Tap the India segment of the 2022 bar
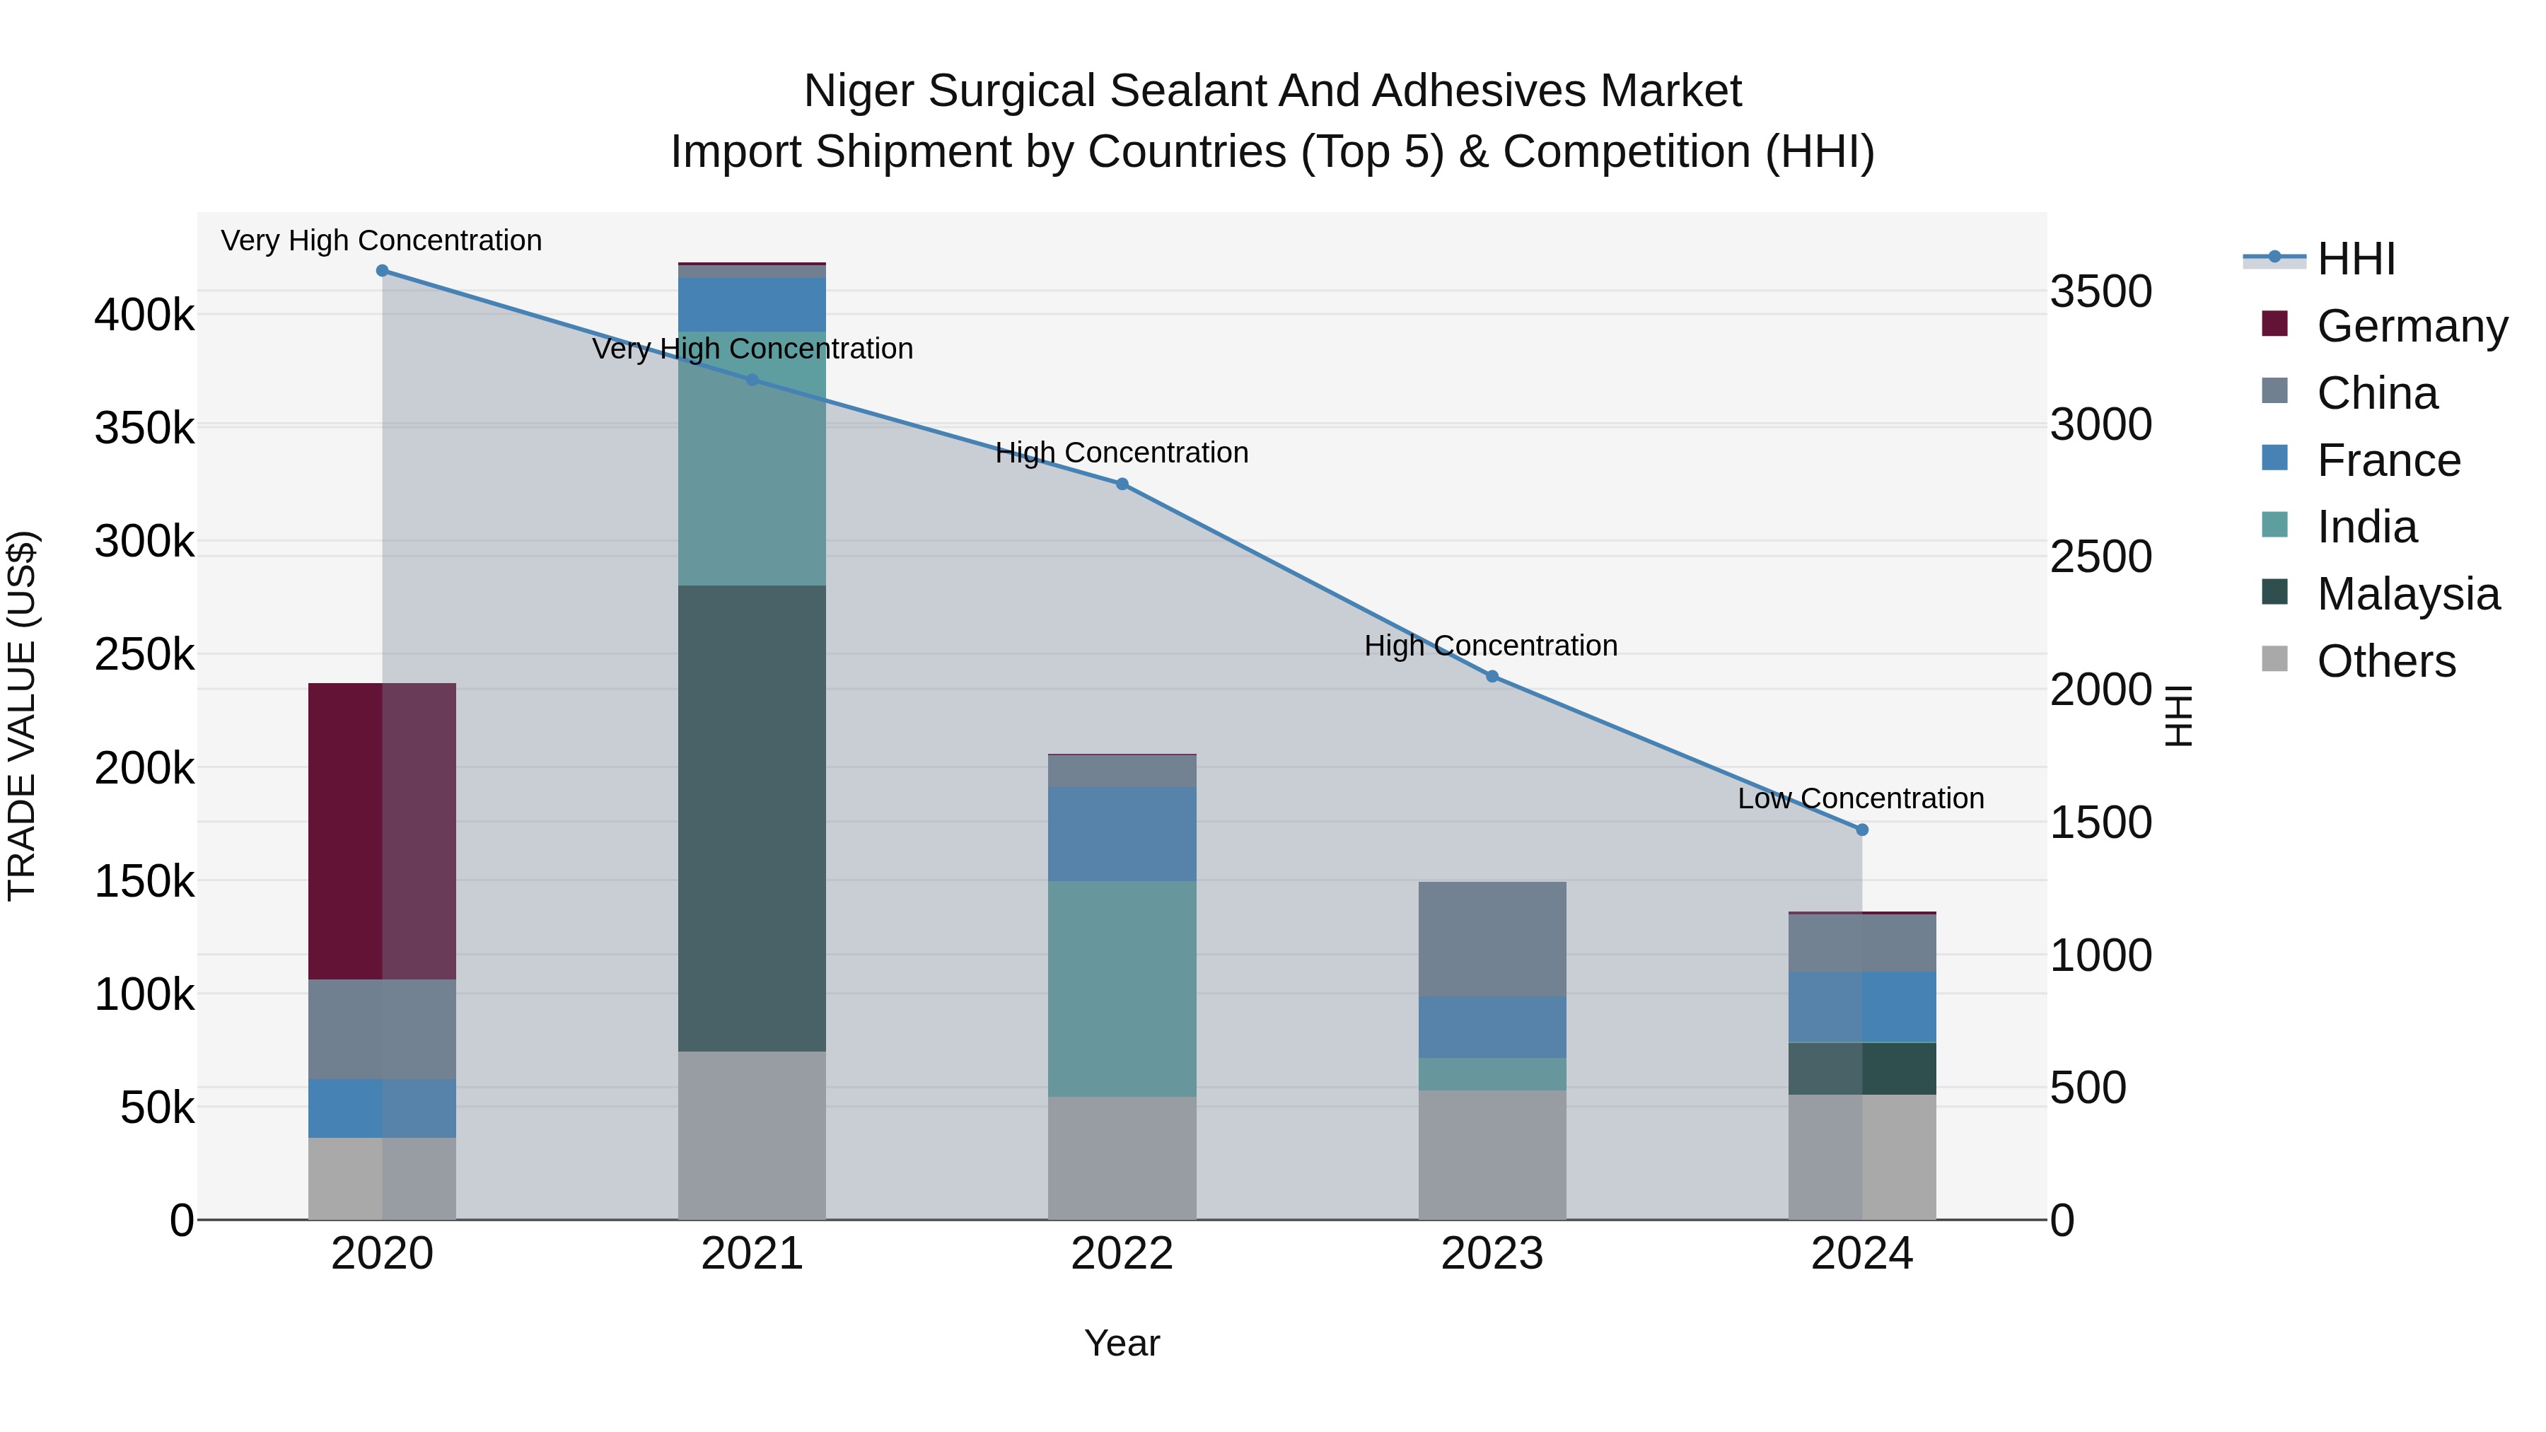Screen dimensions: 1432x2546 click(x=1122, y=989)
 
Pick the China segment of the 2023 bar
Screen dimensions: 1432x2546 click(x=1492, y=939)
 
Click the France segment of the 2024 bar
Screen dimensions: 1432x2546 click(x=1861, y=1006)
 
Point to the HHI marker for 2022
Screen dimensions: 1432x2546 click(x=1122, y=484)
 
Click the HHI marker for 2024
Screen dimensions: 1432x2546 click(x=1862, y=830)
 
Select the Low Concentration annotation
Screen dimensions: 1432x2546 click(x=1860, y=798)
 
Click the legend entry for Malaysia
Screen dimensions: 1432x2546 click(x=2407, y=594)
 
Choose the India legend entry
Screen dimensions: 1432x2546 click(x=2366, y=527)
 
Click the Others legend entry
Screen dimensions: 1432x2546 click(x=2386, y=661)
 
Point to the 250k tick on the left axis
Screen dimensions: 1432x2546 click(x=144, y=654)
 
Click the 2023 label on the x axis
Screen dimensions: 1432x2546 click(x=1492, y=1253)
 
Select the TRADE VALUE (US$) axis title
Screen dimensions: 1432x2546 click(x=22, y=716)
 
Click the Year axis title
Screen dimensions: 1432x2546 click(x=1122, y=1343)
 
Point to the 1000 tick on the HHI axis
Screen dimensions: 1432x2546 click(x=2101, y=955)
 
